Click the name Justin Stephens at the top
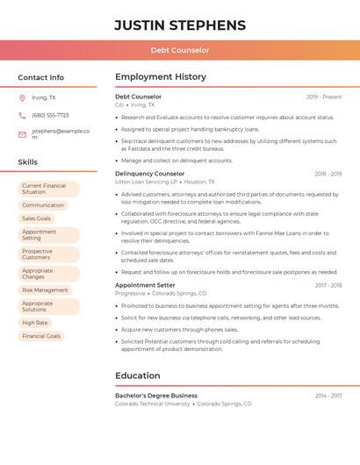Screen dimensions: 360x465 179,25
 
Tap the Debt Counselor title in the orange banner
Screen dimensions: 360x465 179,50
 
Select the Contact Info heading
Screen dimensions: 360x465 40,77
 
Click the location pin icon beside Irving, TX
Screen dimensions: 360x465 22,97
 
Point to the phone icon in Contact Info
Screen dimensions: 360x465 22,115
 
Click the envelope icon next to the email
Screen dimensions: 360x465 22,134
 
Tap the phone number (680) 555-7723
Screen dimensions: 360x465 50,115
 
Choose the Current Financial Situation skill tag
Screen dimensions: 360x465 48,189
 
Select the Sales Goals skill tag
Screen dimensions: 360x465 37,218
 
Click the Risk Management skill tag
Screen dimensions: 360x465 45,290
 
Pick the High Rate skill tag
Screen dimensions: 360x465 35,323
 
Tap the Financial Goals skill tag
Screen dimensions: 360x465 41,336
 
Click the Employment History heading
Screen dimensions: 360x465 160,77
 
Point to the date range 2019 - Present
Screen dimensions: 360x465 324,97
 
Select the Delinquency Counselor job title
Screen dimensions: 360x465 149,174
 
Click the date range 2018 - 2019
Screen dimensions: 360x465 328,174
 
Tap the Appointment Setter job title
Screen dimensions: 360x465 145,285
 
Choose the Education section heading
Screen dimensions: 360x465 137,376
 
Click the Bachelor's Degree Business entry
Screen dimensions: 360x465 155,396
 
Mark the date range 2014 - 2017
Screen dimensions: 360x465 328,396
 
